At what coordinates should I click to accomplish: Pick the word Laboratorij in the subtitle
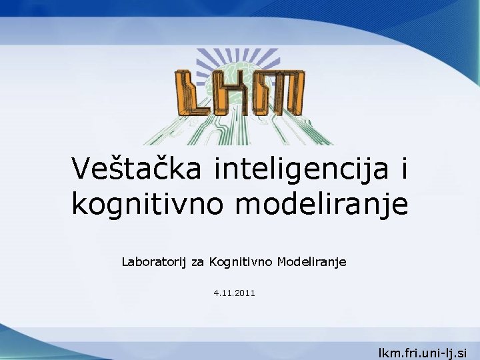tap(155, 263)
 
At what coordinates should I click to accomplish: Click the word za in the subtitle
tap(198, 263)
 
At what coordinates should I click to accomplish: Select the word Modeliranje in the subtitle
tap(312, 263)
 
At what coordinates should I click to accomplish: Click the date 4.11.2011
tap(234, 293)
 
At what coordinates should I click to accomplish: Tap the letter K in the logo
tap(234, 93)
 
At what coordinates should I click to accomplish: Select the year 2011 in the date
tap(245, 293)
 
